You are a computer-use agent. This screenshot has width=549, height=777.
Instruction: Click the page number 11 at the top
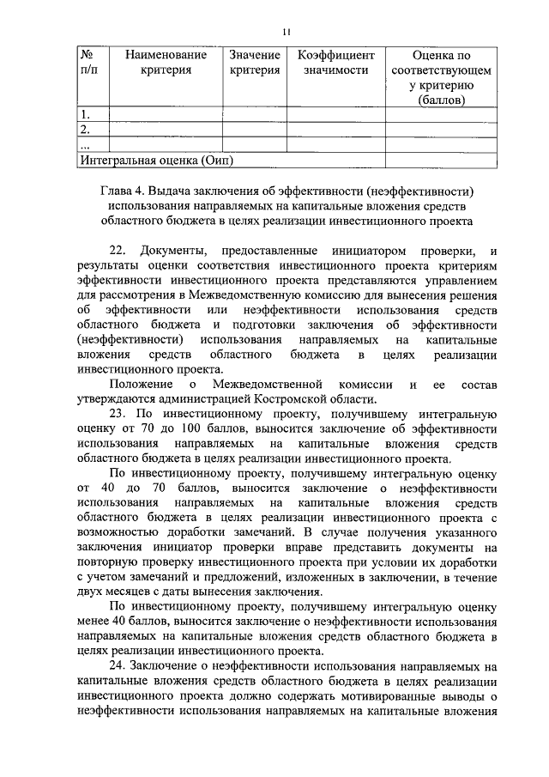(287, 32)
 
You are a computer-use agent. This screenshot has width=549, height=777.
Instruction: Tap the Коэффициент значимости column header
(335, 63)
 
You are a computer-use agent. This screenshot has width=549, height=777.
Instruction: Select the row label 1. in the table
(85, 114)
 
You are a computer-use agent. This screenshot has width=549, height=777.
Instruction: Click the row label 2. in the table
(85, 130)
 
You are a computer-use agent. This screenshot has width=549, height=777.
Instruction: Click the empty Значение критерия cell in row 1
(255, 114)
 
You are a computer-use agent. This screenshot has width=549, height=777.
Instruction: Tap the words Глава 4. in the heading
(125, 189)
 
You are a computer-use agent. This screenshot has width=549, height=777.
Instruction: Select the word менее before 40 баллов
(94, 618)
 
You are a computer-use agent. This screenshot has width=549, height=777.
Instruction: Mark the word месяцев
(133, 591)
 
